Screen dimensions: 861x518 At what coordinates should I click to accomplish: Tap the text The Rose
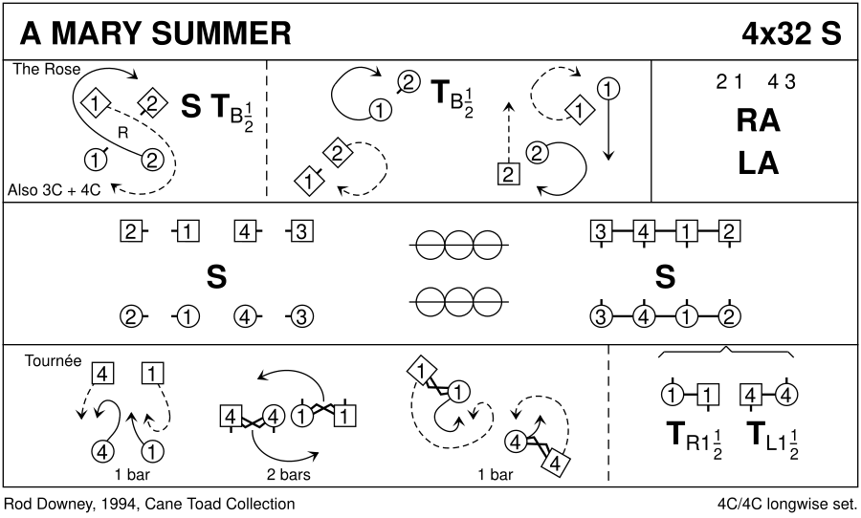click(47, 69)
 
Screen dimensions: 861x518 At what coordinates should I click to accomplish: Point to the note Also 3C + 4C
click(54, 190)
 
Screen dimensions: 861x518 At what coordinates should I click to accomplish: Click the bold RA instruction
click(758, 120)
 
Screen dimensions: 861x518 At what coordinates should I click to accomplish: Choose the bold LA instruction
click(758, 163)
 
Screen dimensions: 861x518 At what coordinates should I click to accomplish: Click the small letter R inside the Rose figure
click(123, 133)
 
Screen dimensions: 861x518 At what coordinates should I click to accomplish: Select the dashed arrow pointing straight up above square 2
click(509, 132)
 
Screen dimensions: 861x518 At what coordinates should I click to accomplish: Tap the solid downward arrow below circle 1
click(607, 130)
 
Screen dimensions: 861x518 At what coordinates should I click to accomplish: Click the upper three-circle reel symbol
click(458, 245)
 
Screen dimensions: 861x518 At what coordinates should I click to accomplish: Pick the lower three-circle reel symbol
click(458, 302)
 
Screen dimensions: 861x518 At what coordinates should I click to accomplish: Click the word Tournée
click(53, 361)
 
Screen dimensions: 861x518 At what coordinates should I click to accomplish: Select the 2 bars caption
click(288, 474)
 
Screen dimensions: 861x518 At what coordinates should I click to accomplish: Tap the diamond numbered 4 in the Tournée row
click(555, 464)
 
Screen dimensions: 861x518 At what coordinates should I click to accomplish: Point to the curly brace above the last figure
click(726, 352)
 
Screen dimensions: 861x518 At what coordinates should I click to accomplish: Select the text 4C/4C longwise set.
click(787, 504)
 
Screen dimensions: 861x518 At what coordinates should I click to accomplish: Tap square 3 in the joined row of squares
click(601, 231)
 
